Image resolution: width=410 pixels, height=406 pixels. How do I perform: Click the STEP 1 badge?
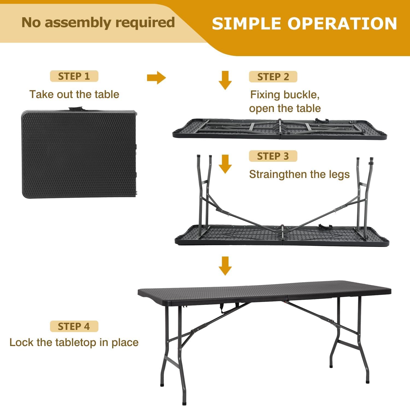74,76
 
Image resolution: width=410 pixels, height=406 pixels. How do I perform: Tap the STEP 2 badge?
273,77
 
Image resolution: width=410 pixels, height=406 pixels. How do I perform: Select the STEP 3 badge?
273,156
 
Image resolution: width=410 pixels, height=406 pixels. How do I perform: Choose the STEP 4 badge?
74,326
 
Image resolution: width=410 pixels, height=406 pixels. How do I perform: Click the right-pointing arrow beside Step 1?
156,78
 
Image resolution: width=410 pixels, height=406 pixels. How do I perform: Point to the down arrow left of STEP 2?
225,80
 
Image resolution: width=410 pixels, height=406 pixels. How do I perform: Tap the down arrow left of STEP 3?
225,164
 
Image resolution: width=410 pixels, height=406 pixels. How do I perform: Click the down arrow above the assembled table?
225,266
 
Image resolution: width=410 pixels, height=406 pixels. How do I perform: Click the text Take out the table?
74,94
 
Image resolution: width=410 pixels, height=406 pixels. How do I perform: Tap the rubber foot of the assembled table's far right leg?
368,381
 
